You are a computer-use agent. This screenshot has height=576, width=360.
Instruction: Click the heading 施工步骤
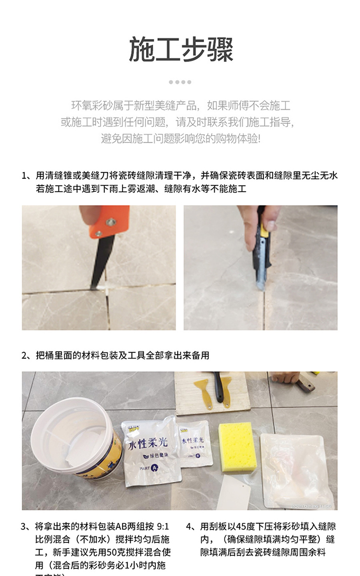click(180, 49)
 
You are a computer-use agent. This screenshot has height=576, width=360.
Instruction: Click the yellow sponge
click(237, 446)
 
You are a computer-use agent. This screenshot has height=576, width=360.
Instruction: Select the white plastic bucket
click(76, 436)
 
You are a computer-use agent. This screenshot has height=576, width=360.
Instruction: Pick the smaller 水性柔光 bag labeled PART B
click(194, 444)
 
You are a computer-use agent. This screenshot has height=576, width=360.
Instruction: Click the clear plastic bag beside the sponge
click(296, 470)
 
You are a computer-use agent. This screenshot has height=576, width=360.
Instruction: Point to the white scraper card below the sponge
click(234, 492)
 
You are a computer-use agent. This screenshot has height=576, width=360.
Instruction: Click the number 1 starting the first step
click(25, 175)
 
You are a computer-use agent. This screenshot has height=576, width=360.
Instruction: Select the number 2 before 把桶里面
click(25, 355)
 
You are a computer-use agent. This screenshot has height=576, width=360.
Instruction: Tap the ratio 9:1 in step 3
click(161, 526)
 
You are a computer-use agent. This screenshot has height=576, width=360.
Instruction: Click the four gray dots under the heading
click(180, 82)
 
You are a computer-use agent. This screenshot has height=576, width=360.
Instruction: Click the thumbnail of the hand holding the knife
click(260, 267)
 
